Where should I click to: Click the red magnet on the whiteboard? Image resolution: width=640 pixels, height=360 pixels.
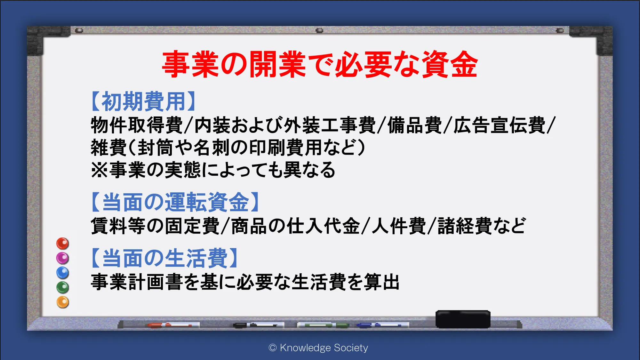tap(63, 244)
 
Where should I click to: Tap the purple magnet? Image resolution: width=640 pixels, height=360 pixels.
tap(63, 258)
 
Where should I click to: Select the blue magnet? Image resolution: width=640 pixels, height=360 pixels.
tap(63, 273)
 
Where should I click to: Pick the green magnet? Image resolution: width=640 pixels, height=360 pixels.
tap(63, 287)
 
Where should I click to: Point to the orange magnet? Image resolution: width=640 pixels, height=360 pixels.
tap(63, 302)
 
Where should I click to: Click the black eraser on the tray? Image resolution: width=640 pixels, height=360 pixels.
tap(463, 319)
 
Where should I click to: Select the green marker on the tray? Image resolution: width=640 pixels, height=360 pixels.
tap(323, 325)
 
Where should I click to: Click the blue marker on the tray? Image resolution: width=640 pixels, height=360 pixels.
tap(383, 325)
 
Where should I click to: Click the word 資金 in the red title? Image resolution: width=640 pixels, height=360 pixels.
tap(449, 64)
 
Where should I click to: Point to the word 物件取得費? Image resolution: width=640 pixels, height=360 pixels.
tap(137, 125)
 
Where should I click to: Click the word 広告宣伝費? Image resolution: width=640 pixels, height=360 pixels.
tap(500, 125)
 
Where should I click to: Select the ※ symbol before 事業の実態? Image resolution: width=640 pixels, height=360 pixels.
tap(100, 170)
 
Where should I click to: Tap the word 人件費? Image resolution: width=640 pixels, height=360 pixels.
tap(399, 226)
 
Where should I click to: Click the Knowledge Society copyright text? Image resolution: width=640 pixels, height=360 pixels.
tap(318, 348)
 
